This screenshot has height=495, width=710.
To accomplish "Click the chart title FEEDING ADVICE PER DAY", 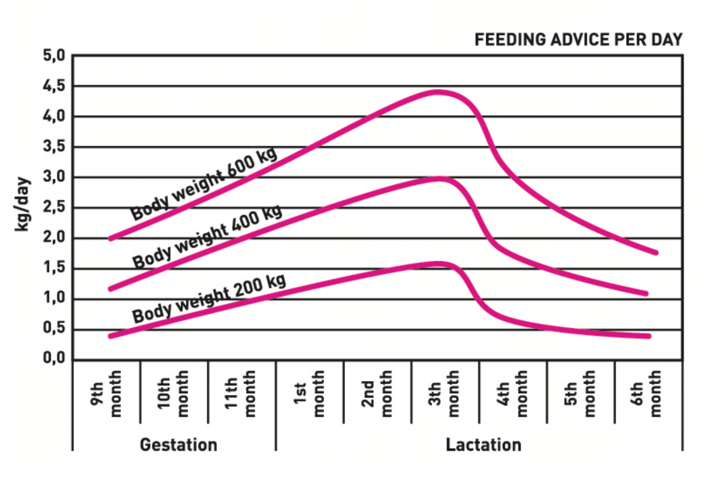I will (578, 40).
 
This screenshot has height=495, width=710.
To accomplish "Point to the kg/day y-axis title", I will (22, 204).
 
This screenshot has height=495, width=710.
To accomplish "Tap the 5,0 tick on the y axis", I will (54, 56).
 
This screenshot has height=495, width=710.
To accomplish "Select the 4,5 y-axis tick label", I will (54, 86).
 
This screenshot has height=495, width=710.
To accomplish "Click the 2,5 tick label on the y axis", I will (54, 207).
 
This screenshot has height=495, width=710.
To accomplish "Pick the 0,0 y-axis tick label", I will (54, 358).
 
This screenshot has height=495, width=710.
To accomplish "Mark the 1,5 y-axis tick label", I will (54, 268).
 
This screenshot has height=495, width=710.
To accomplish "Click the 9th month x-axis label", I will (106, 394).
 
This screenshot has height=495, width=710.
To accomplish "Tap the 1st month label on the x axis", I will (309, 394).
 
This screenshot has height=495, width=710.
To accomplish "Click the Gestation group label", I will (178, 445).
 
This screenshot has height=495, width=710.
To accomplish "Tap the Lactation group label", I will (483, 445).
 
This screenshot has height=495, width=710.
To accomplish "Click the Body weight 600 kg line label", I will (204, 184).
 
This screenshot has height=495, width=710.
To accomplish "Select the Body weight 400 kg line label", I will (207, 237).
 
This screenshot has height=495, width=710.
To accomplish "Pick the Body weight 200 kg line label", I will (209, 298).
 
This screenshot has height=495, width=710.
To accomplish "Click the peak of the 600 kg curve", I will (437, 92).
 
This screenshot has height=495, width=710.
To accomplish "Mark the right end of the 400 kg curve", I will (646, 293).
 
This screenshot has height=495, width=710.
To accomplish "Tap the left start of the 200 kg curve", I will (111, 336).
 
